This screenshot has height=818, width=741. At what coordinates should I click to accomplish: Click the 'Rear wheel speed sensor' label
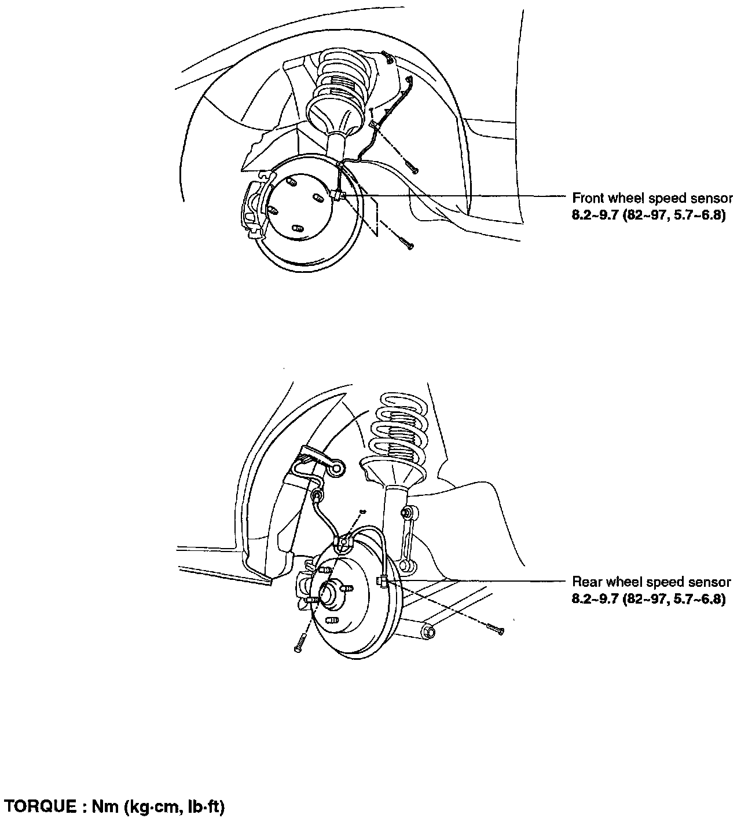click(651, 582)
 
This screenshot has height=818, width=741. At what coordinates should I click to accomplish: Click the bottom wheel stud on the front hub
click(298, 228)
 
